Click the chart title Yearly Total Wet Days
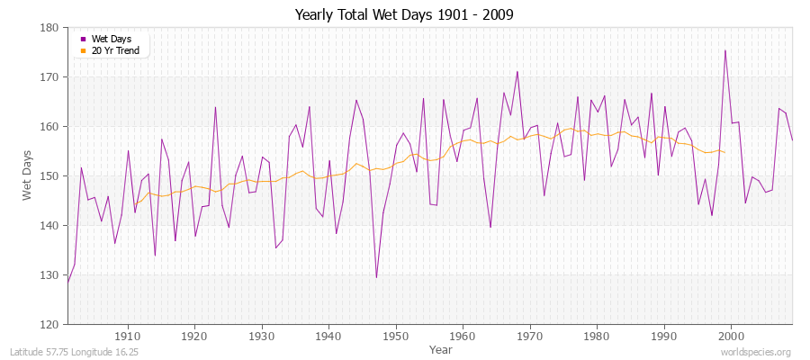[404, 15]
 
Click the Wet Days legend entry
[111, 39]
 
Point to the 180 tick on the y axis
[51, 28]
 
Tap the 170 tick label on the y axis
[51, 77]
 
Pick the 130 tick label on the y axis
[51, 274]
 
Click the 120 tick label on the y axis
[51, 324]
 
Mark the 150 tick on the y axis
[51, 176]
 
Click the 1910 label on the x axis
[128, 337]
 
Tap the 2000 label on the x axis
[731, 337]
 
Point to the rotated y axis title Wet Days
[27, 176]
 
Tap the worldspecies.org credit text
[758, 351]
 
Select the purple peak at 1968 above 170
[517, 72]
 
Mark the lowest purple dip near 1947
[376, 277]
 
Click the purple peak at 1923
[215, 107]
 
